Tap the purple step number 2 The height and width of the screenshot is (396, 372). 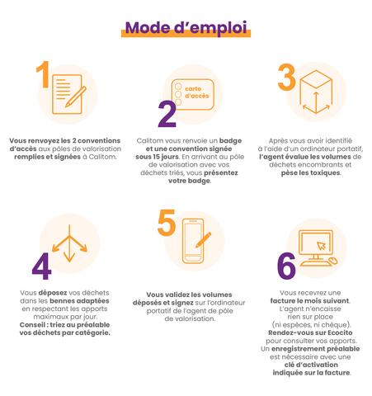[x=167, y=115]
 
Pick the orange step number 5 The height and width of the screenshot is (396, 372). [x=167, y=225]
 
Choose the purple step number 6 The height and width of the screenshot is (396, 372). [x=286, y=266]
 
